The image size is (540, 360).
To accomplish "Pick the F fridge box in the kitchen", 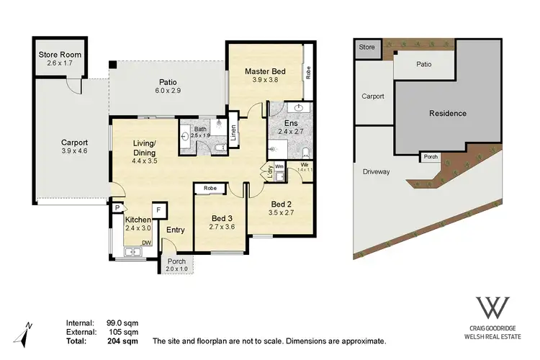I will coord(160,210).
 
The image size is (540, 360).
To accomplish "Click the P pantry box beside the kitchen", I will coord(117,209).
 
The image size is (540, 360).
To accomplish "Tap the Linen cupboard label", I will coord(233,132).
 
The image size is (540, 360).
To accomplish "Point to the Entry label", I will coord(175,230).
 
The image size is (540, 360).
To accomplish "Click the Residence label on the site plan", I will coord(447,113).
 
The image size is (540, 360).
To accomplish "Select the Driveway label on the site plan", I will coord(376,172).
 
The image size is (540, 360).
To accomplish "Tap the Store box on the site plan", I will coord(367,48).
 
